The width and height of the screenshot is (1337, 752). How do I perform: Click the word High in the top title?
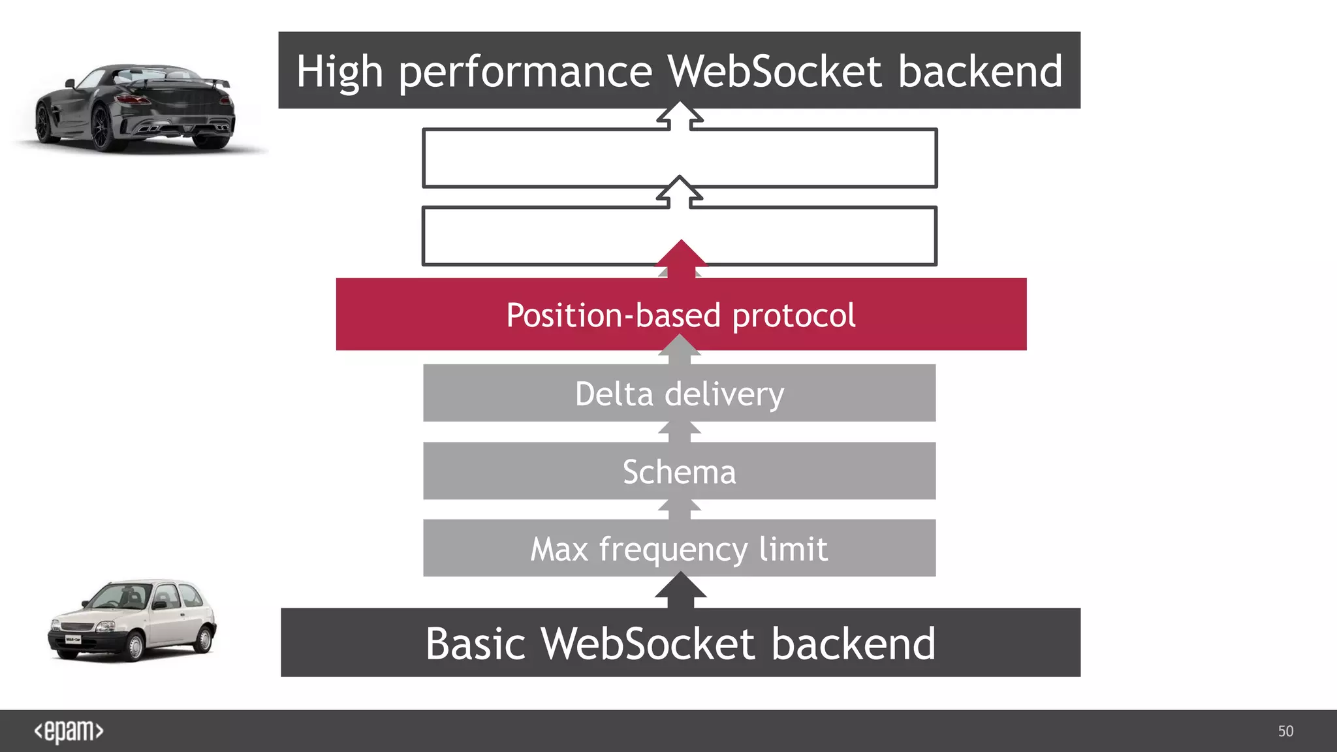(339, 72)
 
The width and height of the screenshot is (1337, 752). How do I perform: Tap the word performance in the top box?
(525, 72)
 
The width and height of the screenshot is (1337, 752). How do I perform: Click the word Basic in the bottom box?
(475, 644)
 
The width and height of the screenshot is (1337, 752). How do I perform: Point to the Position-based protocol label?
(680, 315)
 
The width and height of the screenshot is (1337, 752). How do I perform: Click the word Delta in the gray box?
(614, 394)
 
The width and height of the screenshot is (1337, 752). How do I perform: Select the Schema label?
(679, 472)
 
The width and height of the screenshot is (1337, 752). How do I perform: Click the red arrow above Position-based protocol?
(681, 258)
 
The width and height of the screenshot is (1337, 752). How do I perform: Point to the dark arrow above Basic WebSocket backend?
(680, 589)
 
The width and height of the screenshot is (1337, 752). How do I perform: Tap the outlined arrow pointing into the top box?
(680, 116)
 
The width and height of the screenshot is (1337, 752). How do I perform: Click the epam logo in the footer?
(69, 731)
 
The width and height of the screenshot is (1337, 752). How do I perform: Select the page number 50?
(1285, 731)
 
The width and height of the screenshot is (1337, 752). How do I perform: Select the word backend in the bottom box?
(853, 644)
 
